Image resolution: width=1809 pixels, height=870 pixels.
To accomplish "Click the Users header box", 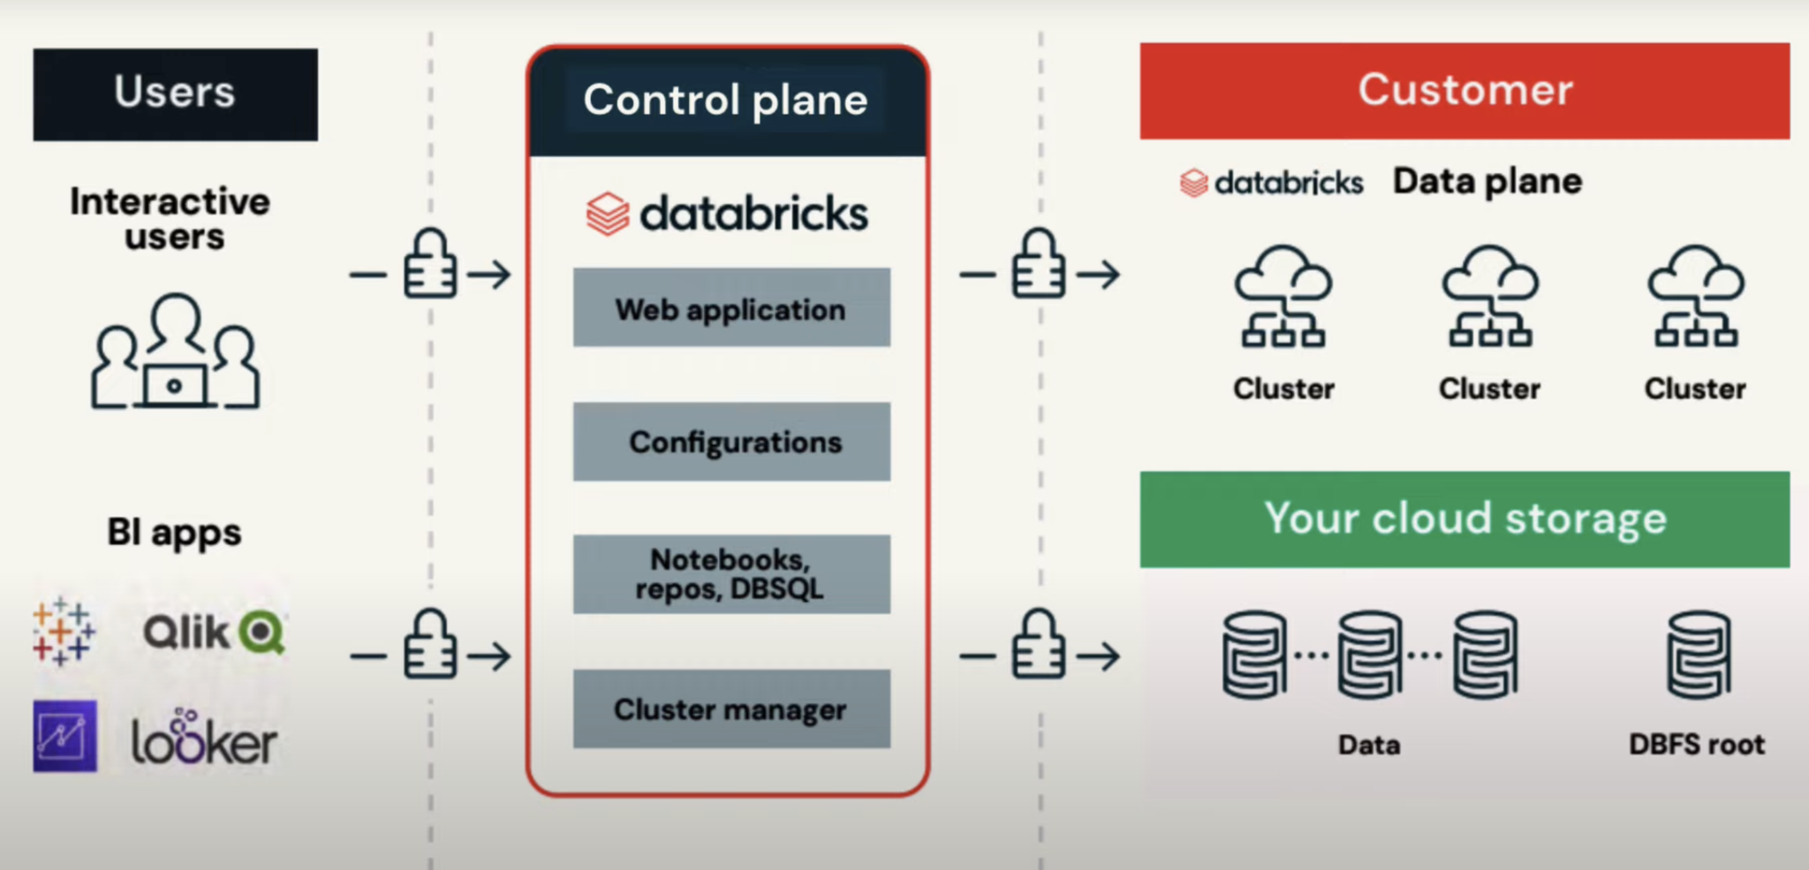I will [175, 94].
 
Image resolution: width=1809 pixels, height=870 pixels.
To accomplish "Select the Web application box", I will [731, 307].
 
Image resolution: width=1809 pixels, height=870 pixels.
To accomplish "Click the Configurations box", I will [731, 442].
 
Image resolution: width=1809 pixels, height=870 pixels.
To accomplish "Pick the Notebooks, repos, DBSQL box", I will [731, 574].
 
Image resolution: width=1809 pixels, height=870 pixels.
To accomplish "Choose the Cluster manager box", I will [731, 709].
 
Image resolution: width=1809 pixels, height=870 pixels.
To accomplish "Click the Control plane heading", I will [726, 100].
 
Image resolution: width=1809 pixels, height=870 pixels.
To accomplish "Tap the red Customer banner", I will [1465, 90].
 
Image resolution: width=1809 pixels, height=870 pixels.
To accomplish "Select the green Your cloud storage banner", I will [1465, 518].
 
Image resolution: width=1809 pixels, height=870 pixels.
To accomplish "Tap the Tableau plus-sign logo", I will [64, 631].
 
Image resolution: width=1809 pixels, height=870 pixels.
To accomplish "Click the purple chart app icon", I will [64, 736].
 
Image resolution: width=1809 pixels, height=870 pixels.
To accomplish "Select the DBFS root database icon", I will [1698, 654].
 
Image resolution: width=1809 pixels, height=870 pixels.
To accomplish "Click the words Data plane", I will [1487, 181].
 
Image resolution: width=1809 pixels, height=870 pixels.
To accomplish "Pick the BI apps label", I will [174, 533].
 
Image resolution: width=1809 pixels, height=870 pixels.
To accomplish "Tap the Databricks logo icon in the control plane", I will [608, 214].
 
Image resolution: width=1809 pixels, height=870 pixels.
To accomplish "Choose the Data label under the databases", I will [1369, 745].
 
